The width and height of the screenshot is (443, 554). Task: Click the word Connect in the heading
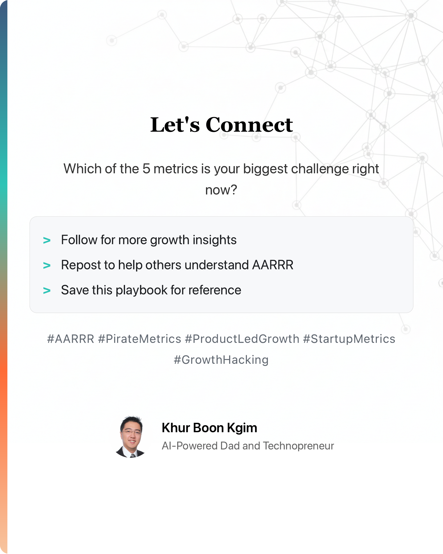[249, 125]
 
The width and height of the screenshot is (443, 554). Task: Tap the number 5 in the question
[146, 169]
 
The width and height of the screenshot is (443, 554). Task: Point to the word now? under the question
[221, 190]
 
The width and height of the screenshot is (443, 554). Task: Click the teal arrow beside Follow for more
[47, 240]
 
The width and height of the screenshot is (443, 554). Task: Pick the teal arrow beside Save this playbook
[47, 291]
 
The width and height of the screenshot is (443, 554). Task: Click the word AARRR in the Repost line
[273, 265]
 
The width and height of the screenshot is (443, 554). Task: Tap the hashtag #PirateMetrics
[140, 339]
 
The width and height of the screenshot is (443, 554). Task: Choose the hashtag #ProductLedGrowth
[242, 339]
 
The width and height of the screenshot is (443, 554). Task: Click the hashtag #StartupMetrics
[349, 339]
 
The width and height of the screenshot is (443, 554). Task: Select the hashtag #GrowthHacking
[221, 360]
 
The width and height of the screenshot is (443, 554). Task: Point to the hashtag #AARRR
[71, 339]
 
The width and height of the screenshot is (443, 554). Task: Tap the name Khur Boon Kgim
[209, 428]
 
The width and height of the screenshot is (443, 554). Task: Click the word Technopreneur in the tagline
[298, 446]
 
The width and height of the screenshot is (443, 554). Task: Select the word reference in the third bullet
[215, 290]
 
